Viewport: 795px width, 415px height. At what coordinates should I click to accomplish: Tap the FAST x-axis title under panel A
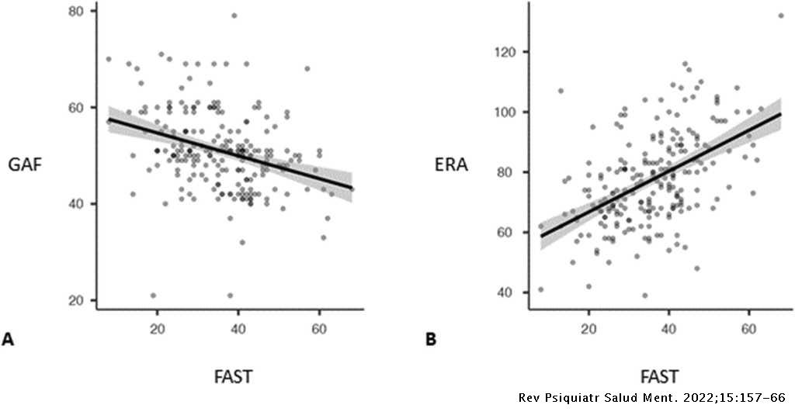pos(233,377)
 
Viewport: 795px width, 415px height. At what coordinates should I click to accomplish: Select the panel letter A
pos(9,339)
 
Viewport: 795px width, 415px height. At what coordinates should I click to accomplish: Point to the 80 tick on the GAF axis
pos(78,11)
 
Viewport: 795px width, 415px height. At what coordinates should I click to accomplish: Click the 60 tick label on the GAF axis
pos(78,107)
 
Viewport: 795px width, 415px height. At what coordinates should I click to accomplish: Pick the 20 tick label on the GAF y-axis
pos(78,300)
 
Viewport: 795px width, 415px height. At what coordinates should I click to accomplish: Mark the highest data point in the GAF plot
pos(234,16)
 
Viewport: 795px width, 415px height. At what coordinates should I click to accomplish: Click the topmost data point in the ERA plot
pos(781,16)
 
